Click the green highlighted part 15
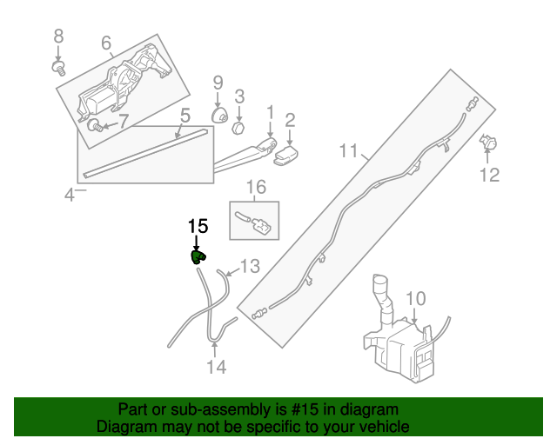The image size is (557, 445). (198, 256)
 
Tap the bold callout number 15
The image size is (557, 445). (198, 226)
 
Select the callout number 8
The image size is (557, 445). (59, 36)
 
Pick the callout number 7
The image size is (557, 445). (123, 122)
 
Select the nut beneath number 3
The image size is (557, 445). (236, 128)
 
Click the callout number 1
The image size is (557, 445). (270, 112)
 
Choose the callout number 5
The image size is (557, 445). (185, 115)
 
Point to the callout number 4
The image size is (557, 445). (70, 195)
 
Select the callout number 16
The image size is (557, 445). (254, 187)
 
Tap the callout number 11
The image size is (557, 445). (348, 154)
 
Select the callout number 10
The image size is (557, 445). (416, 299)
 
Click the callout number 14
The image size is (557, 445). (216, 368)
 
